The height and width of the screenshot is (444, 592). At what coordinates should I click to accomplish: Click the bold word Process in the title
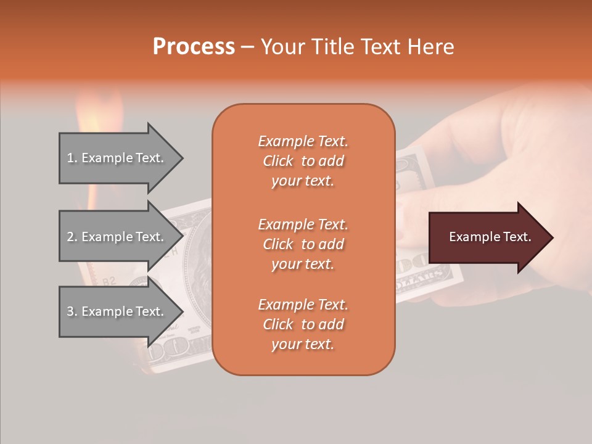click(194, 46)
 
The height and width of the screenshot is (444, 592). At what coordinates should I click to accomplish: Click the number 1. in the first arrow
click(72, 158)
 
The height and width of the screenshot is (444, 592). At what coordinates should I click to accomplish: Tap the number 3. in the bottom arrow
click(72, 311)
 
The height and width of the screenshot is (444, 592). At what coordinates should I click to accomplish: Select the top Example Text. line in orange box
click(303, 141)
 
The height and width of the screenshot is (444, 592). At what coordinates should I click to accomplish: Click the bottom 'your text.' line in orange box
click(303, 345)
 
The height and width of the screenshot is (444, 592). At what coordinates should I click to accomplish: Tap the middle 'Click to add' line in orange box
click(303, 244)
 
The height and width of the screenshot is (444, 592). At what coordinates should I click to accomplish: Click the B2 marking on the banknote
click(109, 281)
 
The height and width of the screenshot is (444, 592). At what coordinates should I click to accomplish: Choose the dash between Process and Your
click(247, 47)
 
